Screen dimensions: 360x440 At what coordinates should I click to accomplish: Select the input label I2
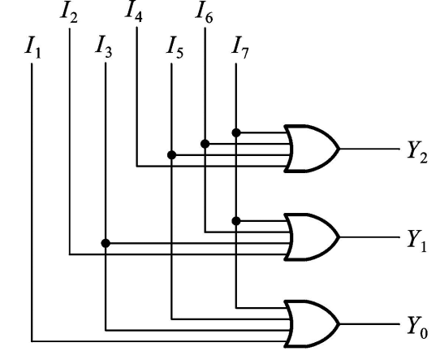(x=70, y=12)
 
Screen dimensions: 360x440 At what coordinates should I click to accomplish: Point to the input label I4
(x=136, y=11)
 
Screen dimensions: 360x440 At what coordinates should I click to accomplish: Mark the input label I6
(x=205, y=11)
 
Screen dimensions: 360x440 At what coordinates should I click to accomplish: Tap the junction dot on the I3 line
(x=106, y=242)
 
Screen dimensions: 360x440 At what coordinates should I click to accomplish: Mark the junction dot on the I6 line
(x=205, y=144)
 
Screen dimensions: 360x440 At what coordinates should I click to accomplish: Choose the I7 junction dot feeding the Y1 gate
(x=235, y=220)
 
